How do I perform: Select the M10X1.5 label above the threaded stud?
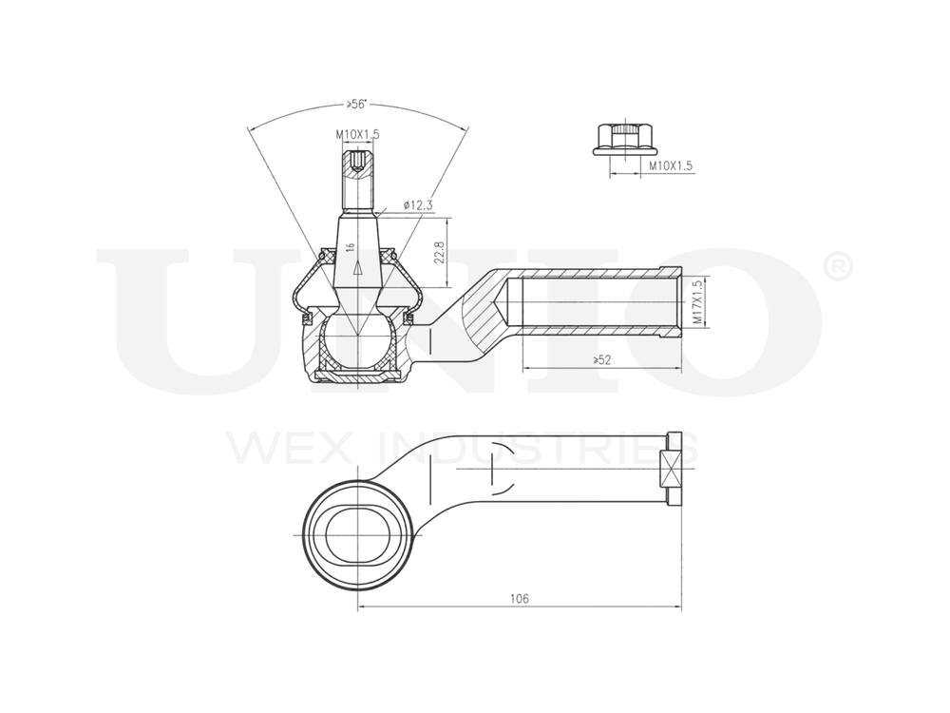click(357, 135)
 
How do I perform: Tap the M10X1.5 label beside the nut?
click(671, 165)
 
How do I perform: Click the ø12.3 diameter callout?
click(418, 204)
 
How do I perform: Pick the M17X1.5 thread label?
click(698, 302)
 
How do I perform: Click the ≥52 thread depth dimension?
click(601, 359)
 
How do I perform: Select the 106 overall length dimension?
click(519, 598)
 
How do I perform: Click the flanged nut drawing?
click(619, 140)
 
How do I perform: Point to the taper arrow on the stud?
click(357, 269)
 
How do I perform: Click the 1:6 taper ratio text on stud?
click(351, 245)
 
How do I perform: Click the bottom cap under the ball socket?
click(357, 377)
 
